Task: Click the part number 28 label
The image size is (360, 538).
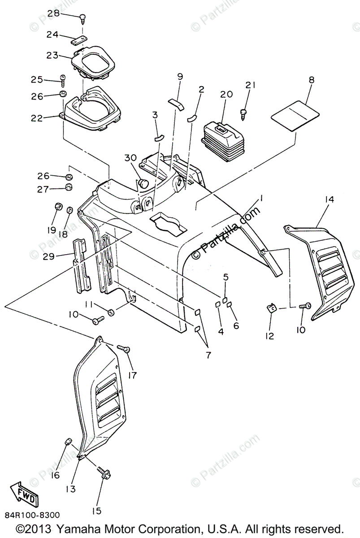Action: pos(53,14)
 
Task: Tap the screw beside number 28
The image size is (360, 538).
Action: pos(83,18)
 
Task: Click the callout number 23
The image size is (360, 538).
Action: pos(52,56)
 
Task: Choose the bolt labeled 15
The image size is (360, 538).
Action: pos(105,473)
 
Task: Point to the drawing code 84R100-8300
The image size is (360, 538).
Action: pos(32,516)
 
